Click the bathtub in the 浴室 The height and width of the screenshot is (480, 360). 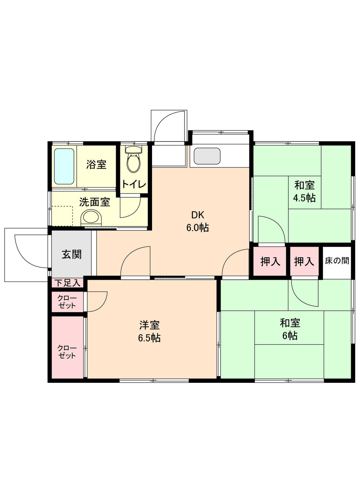[x=64, y=166]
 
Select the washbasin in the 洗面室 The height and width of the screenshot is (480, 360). [x=92, y=218]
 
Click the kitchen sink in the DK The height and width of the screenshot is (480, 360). [x=207, y=156]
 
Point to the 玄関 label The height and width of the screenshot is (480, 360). [x=72, y=254]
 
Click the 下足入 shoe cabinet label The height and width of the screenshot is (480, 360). [x=67, y=283]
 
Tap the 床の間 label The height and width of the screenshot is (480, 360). [x=337, y=261]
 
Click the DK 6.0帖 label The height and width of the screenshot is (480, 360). [x=197, y=221]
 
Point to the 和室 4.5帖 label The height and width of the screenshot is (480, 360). [x=305, y=192]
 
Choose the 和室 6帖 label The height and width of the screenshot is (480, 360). [x=290, y=329]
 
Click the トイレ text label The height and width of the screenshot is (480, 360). [x=134, y=185]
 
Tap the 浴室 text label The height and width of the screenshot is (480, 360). [x=96, y=165]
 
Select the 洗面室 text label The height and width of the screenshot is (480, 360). [x=94, y=202]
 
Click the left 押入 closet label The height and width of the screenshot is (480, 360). [x=270, y=261]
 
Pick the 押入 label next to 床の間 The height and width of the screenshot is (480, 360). [x=304, y=261]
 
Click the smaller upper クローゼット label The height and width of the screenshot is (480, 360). [x=67, y=302]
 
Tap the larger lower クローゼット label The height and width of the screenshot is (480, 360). [x=67, y=351]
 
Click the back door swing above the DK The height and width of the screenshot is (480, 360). [x=169, y=126]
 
